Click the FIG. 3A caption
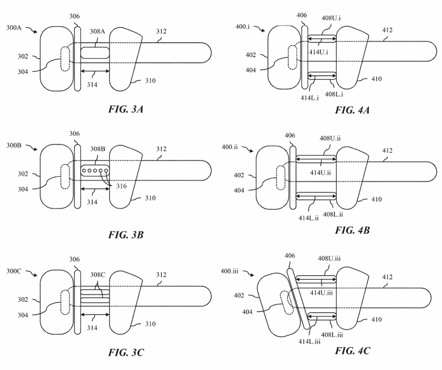[x=126, y=109]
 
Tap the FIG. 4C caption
[x=352, y=351]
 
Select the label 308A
[x=97, y=31]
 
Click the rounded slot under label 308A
[x=95, y=53]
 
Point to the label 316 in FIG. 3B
[x=121, y=186]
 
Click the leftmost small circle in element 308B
[x=84, y=170]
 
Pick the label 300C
[x=14, y=271]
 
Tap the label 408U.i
[x=331, y=18]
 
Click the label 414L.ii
[x=308, y=218]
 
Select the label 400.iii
[x=229, y=271]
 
